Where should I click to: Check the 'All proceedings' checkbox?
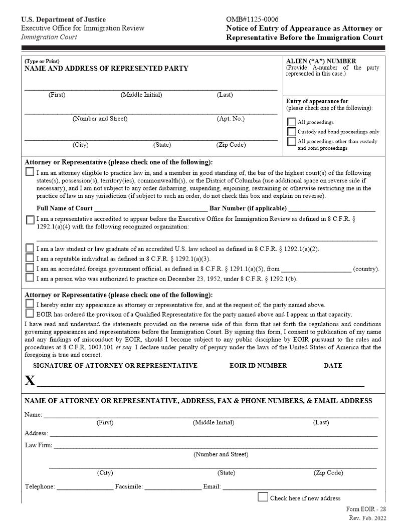tap(291, 122)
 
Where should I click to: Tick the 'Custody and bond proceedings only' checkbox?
tap(291, 132)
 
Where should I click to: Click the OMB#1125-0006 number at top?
tap(253, 20)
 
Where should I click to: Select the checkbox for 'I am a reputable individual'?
tap(30, 258)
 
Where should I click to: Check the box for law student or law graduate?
tap(30, 248)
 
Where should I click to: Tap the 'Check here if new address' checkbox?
tap(263, 497)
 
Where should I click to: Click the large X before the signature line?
tap(30, 380)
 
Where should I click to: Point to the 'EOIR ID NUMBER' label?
tap(258, 365)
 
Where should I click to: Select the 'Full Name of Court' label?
tap(64, 208)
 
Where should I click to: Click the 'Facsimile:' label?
tap(129, 486)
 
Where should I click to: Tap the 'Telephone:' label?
tap(40, 486)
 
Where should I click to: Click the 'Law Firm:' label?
tap(38, 445)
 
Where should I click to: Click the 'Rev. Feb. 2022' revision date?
tap(367, 518)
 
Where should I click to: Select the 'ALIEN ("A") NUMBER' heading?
tap(321, 61)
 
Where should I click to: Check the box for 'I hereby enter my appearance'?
tap(30, 304)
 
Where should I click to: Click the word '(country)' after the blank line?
tap(366, 269)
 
